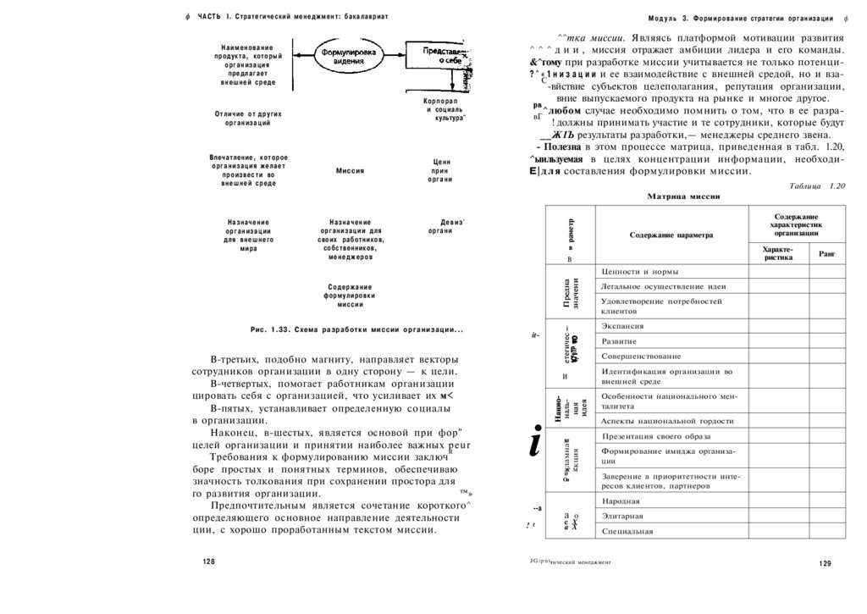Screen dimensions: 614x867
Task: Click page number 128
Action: tap(209, 561)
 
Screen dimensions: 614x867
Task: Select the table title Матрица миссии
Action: tap(683, 196)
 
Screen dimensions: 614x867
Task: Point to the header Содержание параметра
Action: tap(671, 235)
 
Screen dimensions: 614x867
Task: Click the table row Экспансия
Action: tap(622, 326)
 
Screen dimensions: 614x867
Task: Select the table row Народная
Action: tap(621, 501)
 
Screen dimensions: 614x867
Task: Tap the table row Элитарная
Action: tap(622, 516)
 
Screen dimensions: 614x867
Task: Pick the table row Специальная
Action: tap(627, 531)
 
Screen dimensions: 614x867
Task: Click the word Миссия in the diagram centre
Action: tap(350, 171)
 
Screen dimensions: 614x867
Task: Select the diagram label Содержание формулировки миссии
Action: tap(350, 296)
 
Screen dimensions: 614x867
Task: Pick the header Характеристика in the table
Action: tap(777, 253)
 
